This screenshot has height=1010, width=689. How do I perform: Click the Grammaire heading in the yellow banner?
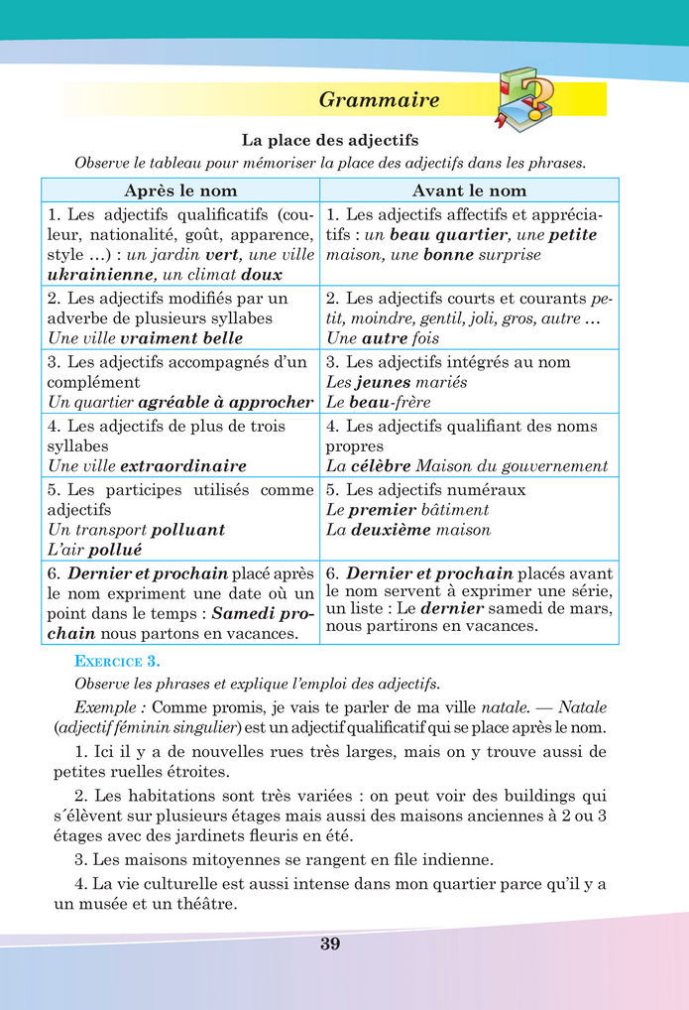[380, 100]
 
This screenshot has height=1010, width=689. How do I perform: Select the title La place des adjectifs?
[330, 141]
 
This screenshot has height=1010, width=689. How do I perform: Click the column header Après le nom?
[179, 190]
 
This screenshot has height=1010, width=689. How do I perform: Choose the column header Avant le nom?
[469, 190]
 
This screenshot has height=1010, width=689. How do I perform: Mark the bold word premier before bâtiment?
[382, 510]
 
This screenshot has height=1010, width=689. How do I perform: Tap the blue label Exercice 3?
[117, 661]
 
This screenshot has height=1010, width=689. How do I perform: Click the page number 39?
[330, 944]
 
